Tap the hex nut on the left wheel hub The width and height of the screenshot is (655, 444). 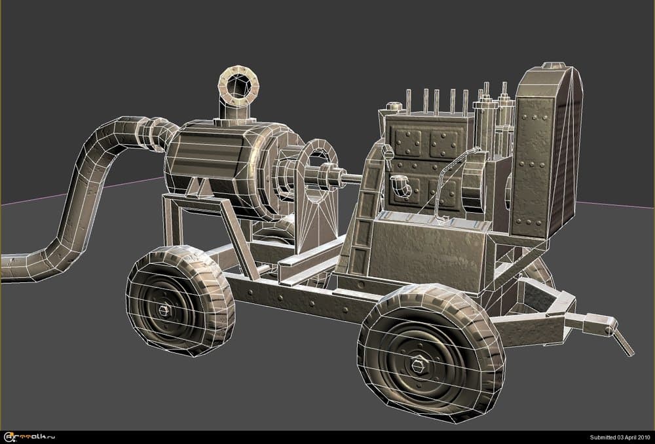pyautogui.click(x=165, y=310)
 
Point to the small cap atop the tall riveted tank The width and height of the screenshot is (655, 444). pyautogui.click(x=553, y=65)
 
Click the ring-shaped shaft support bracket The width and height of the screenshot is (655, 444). pyautogui.click(x=318, y=172)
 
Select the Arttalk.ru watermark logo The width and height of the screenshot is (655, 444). pyautogui.click(x=29, y=437)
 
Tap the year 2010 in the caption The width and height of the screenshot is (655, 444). pyautogui.click(x=642, y=437)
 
